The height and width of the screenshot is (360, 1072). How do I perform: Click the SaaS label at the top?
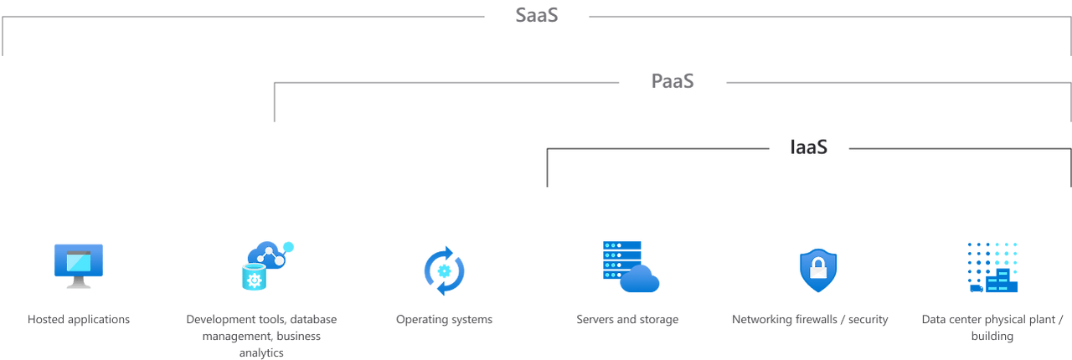click(x=537, y=16)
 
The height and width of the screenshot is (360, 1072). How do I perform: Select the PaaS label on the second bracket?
click(x=673, y=81)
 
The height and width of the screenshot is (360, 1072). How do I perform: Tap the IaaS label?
click(x=809, y=147)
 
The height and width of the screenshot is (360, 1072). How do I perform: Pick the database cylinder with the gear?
click(x=253, y=277)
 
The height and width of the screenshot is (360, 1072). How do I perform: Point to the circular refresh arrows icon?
click(x=444, y=270)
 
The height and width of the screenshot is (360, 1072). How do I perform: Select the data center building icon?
click(x=992, y=268)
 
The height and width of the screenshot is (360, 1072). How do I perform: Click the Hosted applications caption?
click(x=79, y=319)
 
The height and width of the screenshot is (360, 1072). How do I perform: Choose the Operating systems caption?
click(x=444, y=319)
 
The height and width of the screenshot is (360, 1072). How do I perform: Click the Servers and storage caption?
click(x=627, y=319)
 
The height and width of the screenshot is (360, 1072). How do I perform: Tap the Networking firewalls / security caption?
click(x=810, y=319)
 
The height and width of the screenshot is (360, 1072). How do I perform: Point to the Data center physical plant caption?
click(x=992, y=327)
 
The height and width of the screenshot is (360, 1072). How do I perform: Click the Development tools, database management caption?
click(x=260, y=327)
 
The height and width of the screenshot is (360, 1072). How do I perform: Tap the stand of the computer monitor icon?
click(x=78, y=285)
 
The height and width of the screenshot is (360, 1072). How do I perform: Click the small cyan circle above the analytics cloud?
click(x=289, y=246)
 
